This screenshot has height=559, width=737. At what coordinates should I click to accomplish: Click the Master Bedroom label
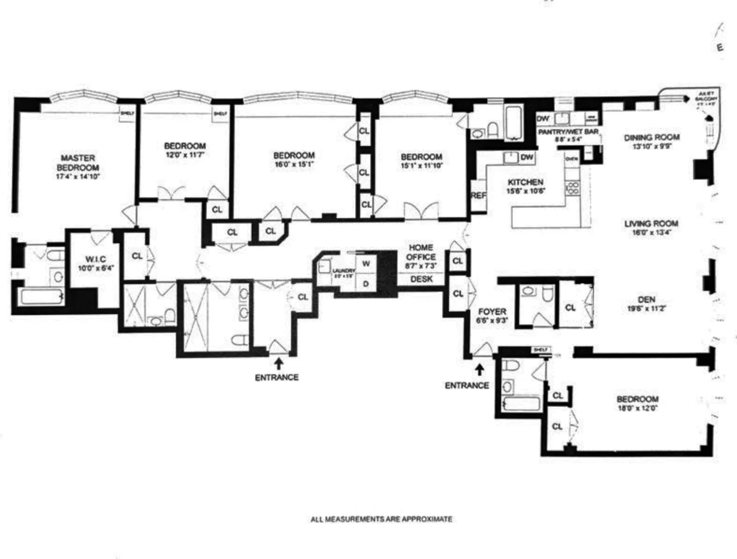tap(78, 163)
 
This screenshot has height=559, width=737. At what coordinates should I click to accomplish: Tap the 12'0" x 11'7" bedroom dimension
tap(185, 155)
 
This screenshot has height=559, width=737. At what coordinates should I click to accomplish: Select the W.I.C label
tap(95, 259)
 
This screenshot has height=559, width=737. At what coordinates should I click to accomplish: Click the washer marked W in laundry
tap(366, 264)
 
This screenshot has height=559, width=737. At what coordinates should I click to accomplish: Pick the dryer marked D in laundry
tap(366, 284)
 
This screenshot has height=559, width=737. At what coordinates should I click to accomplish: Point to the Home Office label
tap(421, 252)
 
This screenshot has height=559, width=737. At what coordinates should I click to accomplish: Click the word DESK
tap(421, 279)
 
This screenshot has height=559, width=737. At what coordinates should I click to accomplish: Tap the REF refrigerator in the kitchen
tap(478, 196)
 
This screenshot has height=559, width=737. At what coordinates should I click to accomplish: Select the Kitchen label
tap(525, 182)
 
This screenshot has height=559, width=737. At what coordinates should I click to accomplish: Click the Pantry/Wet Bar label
tap(568, 132)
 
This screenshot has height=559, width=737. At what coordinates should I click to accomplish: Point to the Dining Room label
tap(651, 137)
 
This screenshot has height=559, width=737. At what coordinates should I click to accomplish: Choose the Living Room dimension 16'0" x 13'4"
tap(651, 233)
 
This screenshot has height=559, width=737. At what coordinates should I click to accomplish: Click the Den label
tap(647, 300)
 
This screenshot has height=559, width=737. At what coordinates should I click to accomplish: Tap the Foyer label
tap(492, 311)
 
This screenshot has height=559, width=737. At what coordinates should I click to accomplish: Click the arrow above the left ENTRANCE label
tap(278, 363)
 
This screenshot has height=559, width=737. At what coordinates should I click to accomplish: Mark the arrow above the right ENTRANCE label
tap(479, 369)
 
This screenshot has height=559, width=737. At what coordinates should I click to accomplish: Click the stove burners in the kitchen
tap(573, 188)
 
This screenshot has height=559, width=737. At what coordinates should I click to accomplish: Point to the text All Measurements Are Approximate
tap(381, 519)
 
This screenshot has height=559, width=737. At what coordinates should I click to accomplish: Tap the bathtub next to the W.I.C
tap(41, 297)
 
